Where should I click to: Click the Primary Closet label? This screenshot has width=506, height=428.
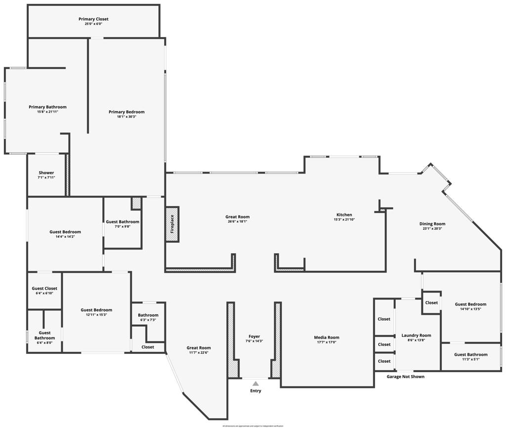click(x=93, y=19)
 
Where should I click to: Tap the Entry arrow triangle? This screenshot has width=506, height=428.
click(x=255, y=384)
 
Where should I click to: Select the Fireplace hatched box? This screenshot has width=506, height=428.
click(x=172, y=224)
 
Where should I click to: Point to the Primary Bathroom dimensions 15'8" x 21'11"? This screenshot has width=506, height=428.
click(x=47, y=112)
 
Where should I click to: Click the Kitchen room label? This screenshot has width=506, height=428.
click(x=344, y=215)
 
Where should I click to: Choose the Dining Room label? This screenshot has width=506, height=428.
click(x=432, y=224)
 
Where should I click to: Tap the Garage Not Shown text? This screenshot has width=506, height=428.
click(x=405, y=377)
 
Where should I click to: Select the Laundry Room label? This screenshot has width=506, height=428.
click(x=416, y=335)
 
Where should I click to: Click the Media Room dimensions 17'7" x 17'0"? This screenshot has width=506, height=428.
click(x=327, y=342)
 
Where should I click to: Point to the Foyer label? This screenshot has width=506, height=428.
click(x=254, y=337)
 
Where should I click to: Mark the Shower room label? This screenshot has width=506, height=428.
click(x=46, y=173)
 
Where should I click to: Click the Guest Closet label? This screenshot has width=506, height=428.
click(x=44, y=288)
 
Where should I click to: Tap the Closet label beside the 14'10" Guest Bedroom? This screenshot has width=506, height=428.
click(x=431, y=302)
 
